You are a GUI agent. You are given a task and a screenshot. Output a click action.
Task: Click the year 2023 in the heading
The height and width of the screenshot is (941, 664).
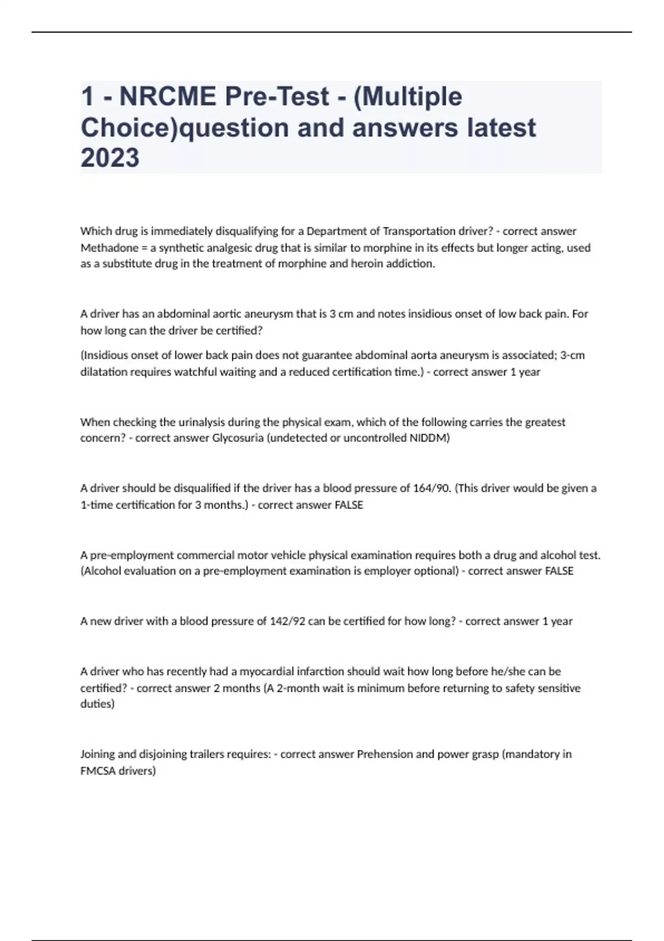click(x=110, y=158)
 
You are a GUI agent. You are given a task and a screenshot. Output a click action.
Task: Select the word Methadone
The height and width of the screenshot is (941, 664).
click(x=109, y=247)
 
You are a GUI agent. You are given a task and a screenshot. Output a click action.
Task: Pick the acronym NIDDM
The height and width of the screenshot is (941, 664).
click(x=427, y=438)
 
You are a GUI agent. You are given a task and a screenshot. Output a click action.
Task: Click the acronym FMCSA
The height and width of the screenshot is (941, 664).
click(x=98, y=771)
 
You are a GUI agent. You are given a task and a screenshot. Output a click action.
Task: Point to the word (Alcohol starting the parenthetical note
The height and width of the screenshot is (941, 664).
click(x=100, y=571)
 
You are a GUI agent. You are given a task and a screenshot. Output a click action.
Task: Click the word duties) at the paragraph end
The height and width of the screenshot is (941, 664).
click(x=97, y=704)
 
